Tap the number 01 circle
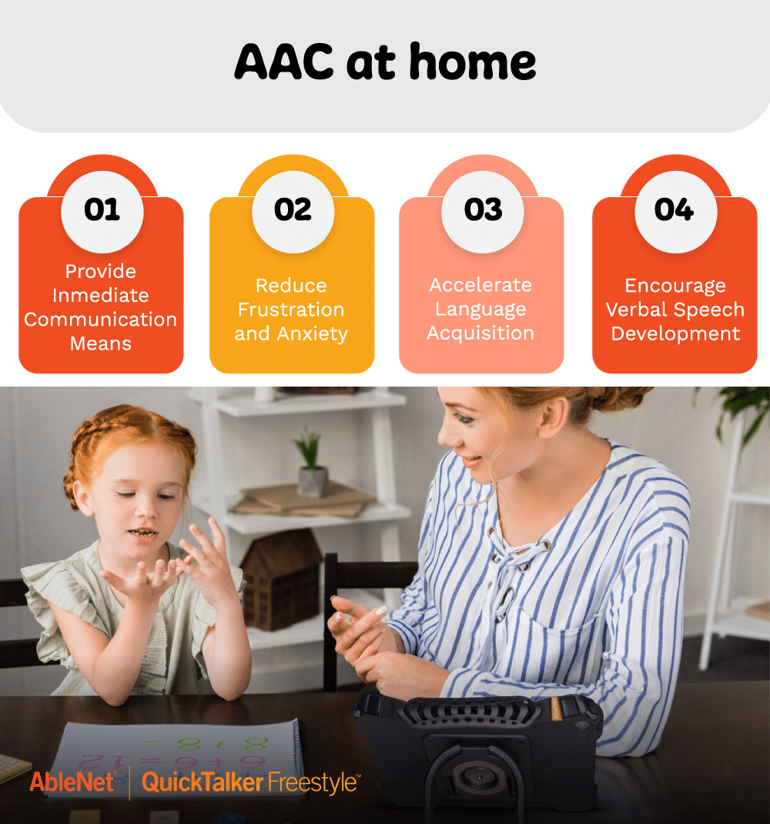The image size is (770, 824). click(102, 209)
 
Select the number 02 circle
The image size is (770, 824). click(293, 209)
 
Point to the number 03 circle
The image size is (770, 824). click(483, 209)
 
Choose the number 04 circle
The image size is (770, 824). click(674, 209)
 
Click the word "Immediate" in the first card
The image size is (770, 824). click(100, 296)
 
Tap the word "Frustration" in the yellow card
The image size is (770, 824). click(291, 310)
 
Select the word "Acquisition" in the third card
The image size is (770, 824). click(480, 333)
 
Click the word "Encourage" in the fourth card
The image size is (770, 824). click(675, 286)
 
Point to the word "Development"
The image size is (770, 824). click(675, 334)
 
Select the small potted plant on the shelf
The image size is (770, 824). click(311, 465)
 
